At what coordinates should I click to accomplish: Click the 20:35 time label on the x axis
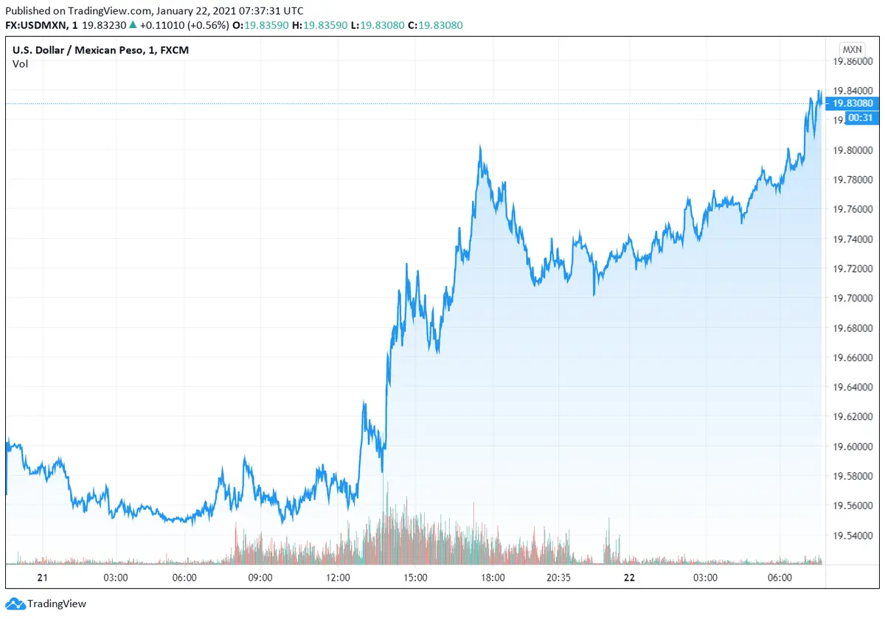(560, 578)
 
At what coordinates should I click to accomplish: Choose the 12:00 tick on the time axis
(339, 578)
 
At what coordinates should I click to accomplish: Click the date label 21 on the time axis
(42, 578)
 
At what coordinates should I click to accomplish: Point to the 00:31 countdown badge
(861, 117)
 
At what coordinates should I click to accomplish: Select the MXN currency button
(851, 49)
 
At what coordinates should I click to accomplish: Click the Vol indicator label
(20, 64)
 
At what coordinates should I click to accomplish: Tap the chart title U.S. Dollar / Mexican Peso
(83, 50)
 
